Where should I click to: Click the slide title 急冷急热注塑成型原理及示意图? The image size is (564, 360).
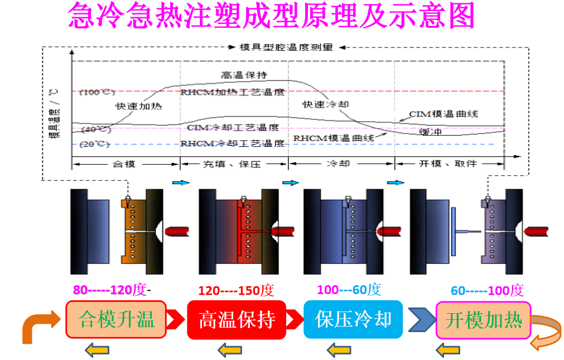[x=271, y=16]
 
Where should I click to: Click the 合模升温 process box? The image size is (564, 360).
[x=116, y=320]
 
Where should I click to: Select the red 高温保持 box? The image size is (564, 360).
[x=237, y=320]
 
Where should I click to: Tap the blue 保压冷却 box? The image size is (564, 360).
[x=353, y=320]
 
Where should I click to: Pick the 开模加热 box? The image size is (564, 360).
[x=483, y=320]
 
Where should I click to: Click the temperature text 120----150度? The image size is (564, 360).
[x=236, y=291]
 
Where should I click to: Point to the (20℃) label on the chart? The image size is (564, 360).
[x=95, y=144]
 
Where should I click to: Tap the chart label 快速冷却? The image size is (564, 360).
[x=320, y=104]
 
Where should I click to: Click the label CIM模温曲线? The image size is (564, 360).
[x=444, y=114]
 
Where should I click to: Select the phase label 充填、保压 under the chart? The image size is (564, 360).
[x=234, y=164]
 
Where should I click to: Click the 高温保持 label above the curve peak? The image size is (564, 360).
[x=244, y=75]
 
